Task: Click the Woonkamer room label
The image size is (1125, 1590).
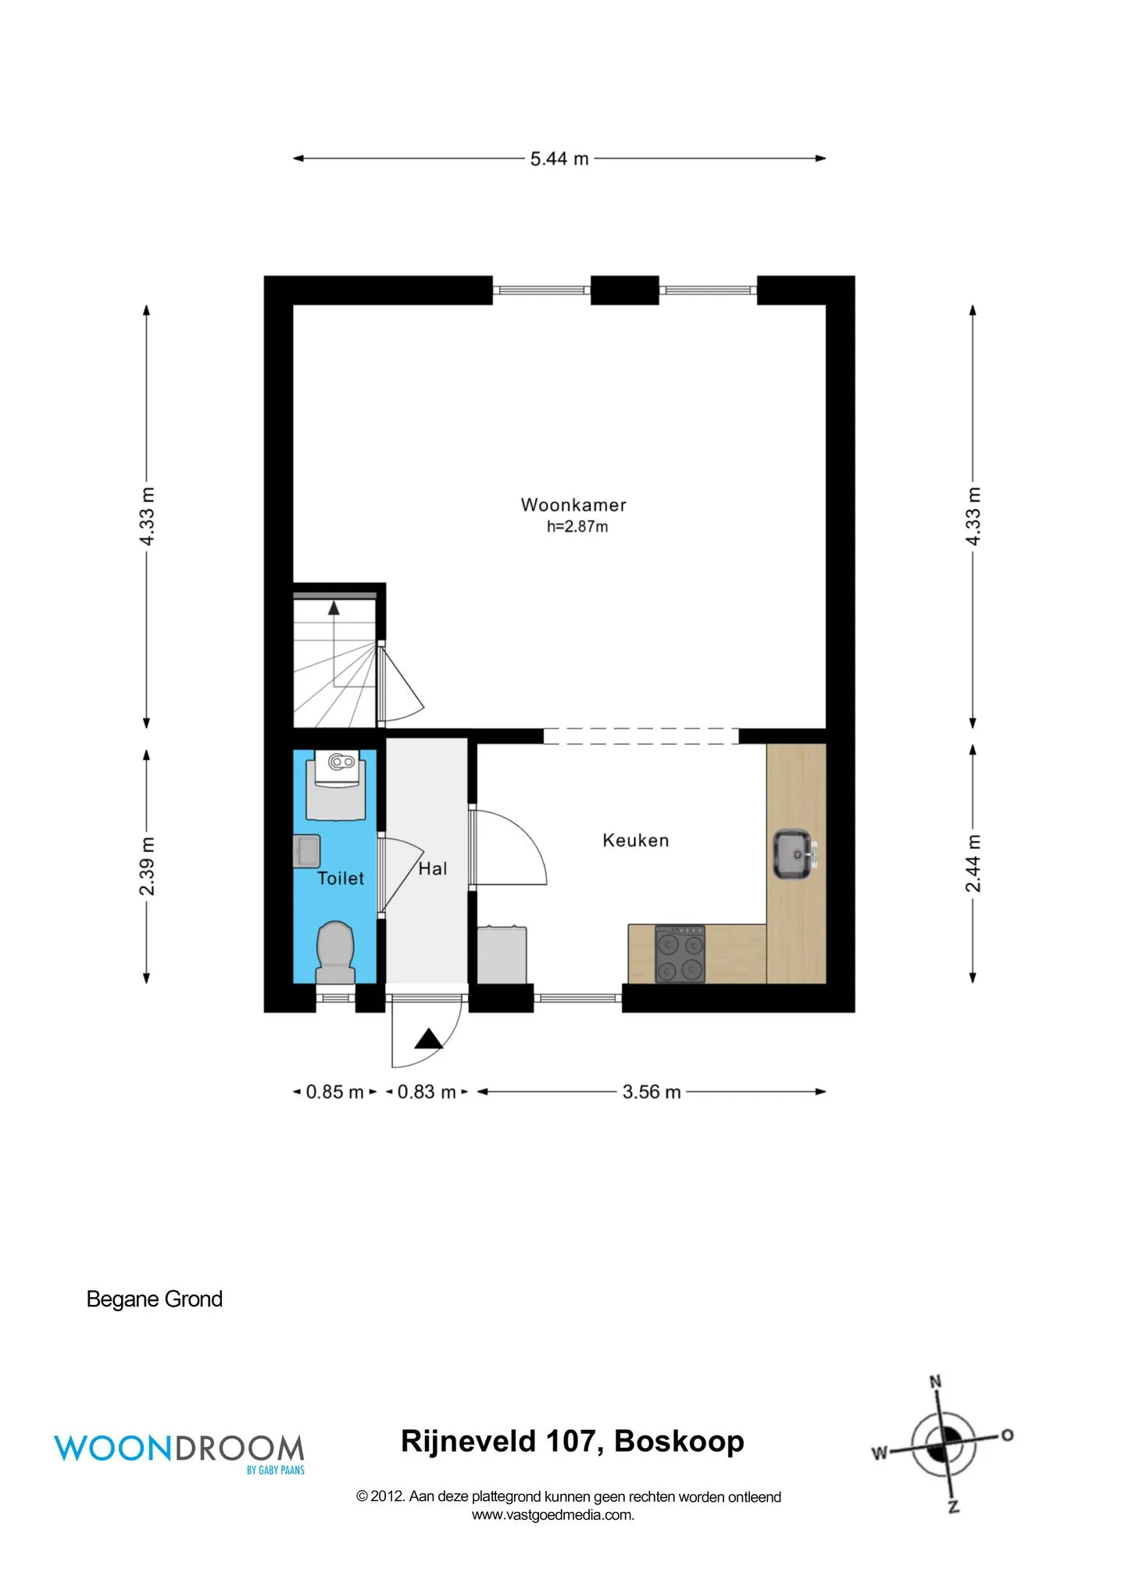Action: pos(573,504)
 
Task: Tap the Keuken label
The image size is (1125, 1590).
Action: pos(636,840)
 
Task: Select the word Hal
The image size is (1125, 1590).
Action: pos(433,868)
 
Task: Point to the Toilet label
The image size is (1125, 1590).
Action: pos(341,878)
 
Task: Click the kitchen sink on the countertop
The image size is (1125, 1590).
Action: pos(794,854)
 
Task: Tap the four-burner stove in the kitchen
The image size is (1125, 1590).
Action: pos(680,954)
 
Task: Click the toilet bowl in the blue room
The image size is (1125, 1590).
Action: pos(335,952)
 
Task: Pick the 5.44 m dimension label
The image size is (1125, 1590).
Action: pos(559,159)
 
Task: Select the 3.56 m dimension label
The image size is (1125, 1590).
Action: pos(652,1092)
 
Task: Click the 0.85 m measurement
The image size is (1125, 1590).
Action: pos(335,1092)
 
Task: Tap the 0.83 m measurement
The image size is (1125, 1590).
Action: pos(427,1092)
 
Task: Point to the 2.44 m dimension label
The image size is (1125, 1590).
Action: pos(973,863)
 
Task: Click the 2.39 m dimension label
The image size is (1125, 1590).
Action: pos(147,866)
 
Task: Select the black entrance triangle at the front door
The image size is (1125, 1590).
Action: pos(428,1039)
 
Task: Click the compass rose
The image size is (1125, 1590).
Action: pos(944,1445)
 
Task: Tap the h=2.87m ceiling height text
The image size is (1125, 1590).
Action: pos(577,526)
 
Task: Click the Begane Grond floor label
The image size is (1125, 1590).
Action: pos(155,1299)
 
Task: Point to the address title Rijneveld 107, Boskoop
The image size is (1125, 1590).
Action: pos(573,1442)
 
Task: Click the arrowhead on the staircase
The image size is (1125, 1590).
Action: pos(334,608)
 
